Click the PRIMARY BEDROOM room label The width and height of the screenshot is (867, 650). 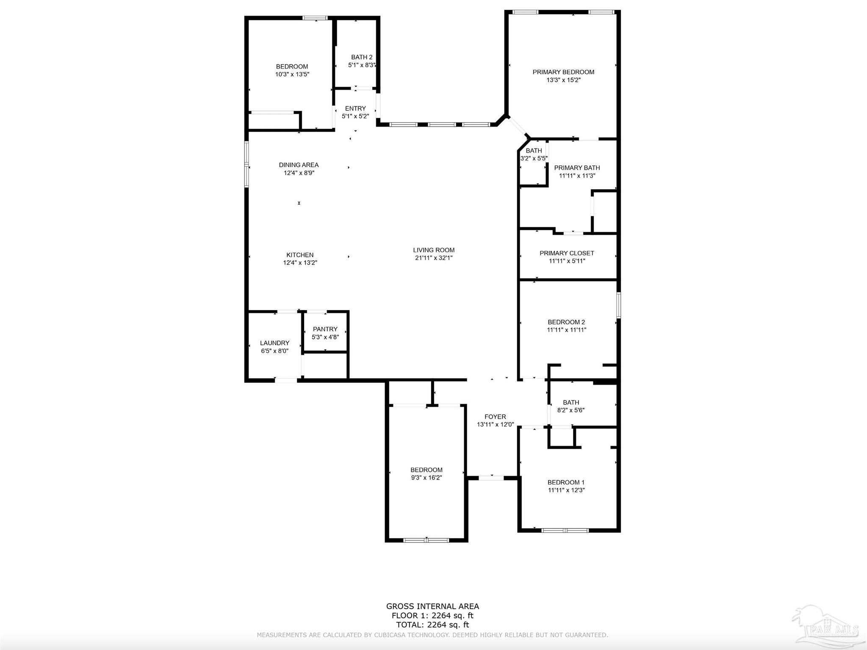click(563, 72)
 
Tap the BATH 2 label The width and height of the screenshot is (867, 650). click(362, 57)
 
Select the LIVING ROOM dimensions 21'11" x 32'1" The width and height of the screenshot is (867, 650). click(434, 258)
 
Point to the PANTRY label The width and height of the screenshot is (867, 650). click(325, 329)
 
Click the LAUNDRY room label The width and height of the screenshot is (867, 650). click(274, 343)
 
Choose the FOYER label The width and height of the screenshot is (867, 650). click(495, 417)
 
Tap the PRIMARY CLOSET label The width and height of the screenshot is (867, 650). click(567, 253)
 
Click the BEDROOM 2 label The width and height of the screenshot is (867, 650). click(566, 322)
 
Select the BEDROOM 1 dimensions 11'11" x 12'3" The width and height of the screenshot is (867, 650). click(566, 490)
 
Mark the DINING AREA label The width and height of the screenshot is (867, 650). click(299, 165)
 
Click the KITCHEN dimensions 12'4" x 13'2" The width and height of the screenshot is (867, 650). click(300, 263)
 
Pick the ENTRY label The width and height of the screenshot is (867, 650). click(355, 109)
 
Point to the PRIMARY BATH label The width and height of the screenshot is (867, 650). click(577, 168)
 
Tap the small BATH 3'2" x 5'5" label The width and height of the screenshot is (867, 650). click(534, 151)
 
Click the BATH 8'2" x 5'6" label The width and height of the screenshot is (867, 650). click(571, 402)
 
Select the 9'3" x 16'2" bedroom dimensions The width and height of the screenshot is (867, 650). click(426, 477)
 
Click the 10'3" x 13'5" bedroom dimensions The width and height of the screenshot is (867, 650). click(292, 74)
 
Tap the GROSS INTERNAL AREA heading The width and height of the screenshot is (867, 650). click(432, 606)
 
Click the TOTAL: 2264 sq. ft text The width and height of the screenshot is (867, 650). click(432, 625)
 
